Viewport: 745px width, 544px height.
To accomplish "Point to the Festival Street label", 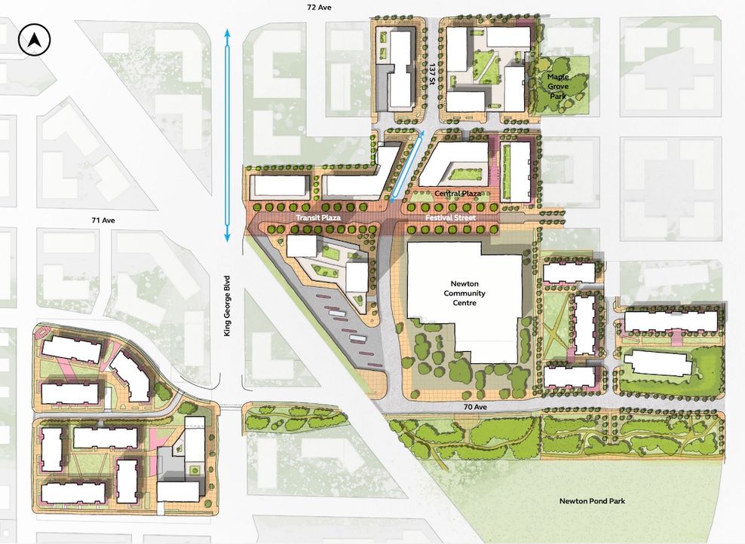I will pyautogui.click(x=452, y=218).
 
